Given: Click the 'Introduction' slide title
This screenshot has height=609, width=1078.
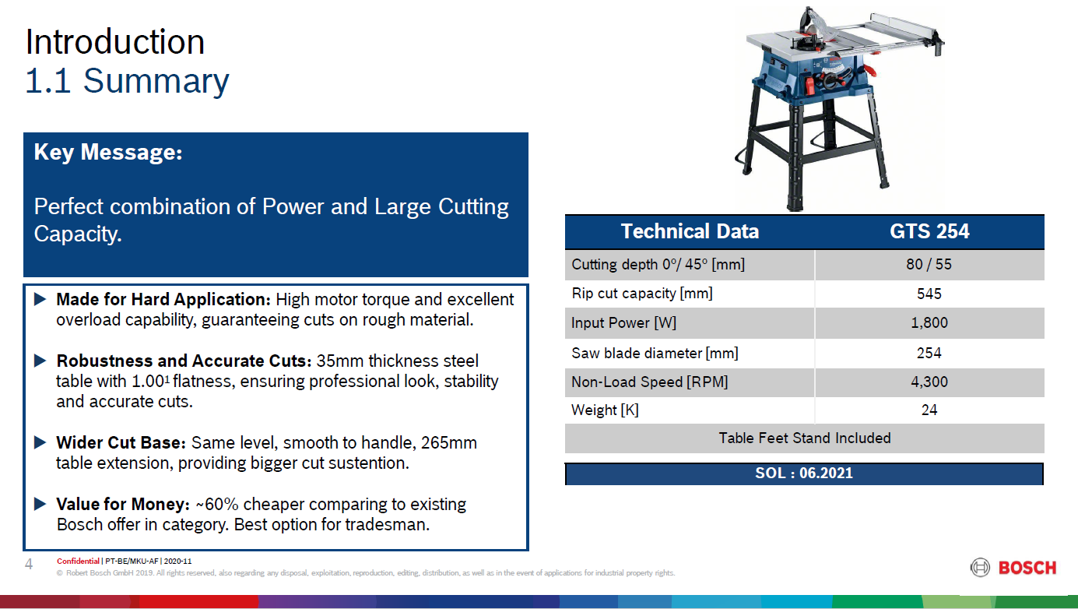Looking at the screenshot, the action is [x=115, y=42].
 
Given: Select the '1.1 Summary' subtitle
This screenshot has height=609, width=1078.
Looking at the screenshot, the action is [x=127, y=81].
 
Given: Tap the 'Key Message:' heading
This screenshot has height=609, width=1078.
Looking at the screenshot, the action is [x=108, y=152].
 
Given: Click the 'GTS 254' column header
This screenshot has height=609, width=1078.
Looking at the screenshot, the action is [x=929, y=231].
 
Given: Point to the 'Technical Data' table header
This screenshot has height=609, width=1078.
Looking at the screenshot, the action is [x=690, y=231].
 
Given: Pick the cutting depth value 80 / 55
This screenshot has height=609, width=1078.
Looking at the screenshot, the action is [x=929, y=264].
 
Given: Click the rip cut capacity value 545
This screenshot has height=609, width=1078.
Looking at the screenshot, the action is [x=929, y=294].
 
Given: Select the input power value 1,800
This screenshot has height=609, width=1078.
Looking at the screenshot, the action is [x=929, y=322].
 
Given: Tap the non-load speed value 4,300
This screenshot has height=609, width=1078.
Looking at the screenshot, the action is [x=929, y=382].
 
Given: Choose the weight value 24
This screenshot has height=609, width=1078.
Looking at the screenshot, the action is [x=929, y=410].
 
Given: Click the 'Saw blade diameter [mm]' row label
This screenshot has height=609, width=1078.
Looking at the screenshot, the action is [x=655, y=354].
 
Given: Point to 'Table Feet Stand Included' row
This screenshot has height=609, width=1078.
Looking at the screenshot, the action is [x=805, y=438].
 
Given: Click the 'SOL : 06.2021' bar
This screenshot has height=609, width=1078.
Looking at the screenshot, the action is [x=804, y=473].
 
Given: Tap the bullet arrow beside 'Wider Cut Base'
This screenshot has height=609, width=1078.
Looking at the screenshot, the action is [x=40, y=442].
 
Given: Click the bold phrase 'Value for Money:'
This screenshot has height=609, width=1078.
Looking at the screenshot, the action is [x=123, y=504].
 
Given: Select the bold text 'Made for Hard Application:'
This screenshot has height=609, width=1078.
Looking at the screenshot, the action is [x=163, y=300].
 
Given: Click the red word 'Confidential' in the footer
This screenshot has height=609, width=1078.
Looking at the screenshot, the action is [x=78, y=561].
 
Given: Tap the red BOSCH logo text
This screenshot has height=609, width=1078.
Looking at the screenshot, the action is [x=1027, y=568].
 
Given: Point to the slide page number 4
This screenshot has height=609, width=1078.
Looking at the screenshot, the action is [x=29, y=564].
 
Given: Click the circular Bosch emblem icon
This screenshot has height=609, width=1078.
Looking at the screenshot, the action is [x=980, y=568].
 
